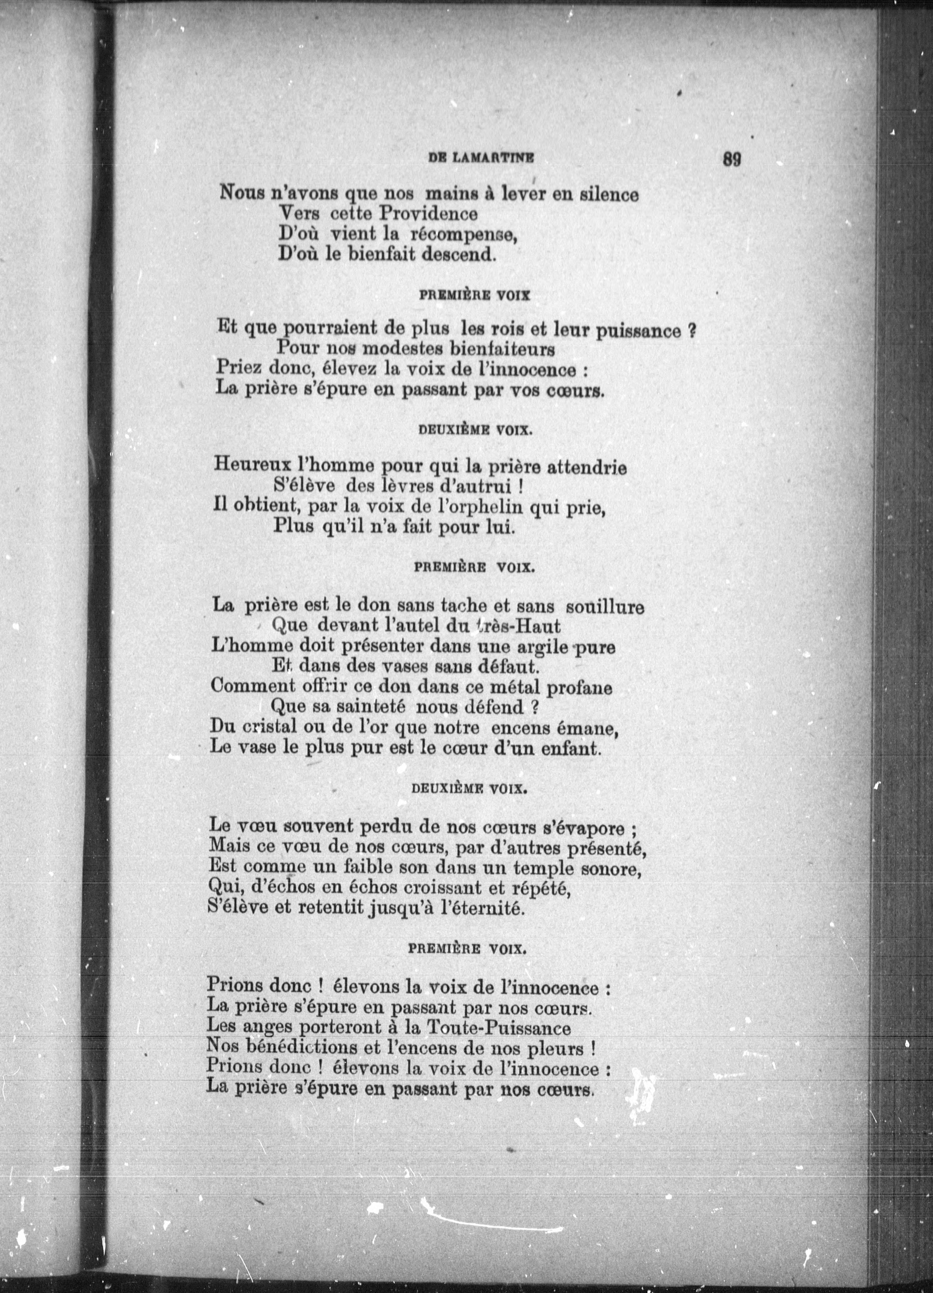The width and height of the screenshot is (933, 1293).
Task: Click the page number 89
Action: coord(731,159)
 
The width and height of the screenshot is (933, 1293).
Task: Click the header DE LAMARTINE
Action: coord(481,159)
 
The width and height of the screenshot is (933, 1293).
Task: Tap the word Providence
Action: coord(428,214)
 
